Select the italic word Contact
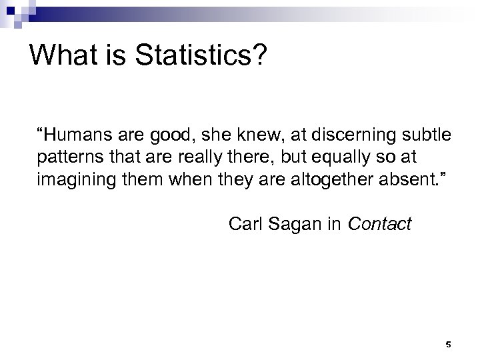click(x=381, y=225)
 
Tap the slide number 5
click(x=448, y=344)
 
